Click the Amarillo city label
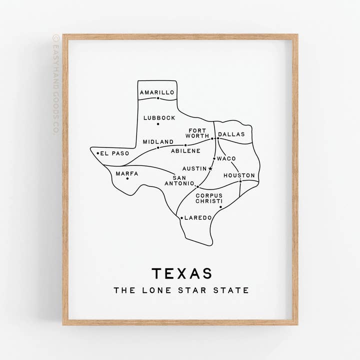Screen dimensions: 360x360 click(157, 92)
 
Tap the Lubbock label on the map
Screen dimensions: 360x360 click(159, 118)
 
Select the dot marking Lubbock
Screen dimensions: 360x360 click(158, 124)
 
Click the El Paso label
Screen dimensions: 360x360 click(114, 153)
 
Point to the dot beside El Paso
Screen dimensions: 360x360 click(98, 153)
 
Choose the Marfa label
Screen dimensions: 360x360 click(127, 173)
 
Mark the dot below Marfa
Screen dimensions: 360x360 click(127, 179)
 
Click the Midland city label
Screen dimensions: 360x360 click(158, 141)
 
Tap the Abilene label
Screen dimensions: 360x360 click(185, 150)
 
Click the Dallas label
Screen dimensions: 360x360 click(231, 134)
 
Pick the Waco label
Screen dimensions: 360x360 click(226, 158)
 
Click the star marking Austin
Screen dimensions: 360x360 click(210, 168)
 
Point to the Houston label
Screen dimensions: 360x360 click(239, 175)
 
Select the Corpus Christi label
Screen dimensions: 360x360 click(209, 198)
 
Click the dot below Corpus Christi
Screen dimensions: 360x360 click(220, 207)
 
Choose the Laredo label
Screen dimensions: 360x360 click(198, 217)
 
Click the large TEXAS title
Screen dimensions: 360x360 click(181, 273)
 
